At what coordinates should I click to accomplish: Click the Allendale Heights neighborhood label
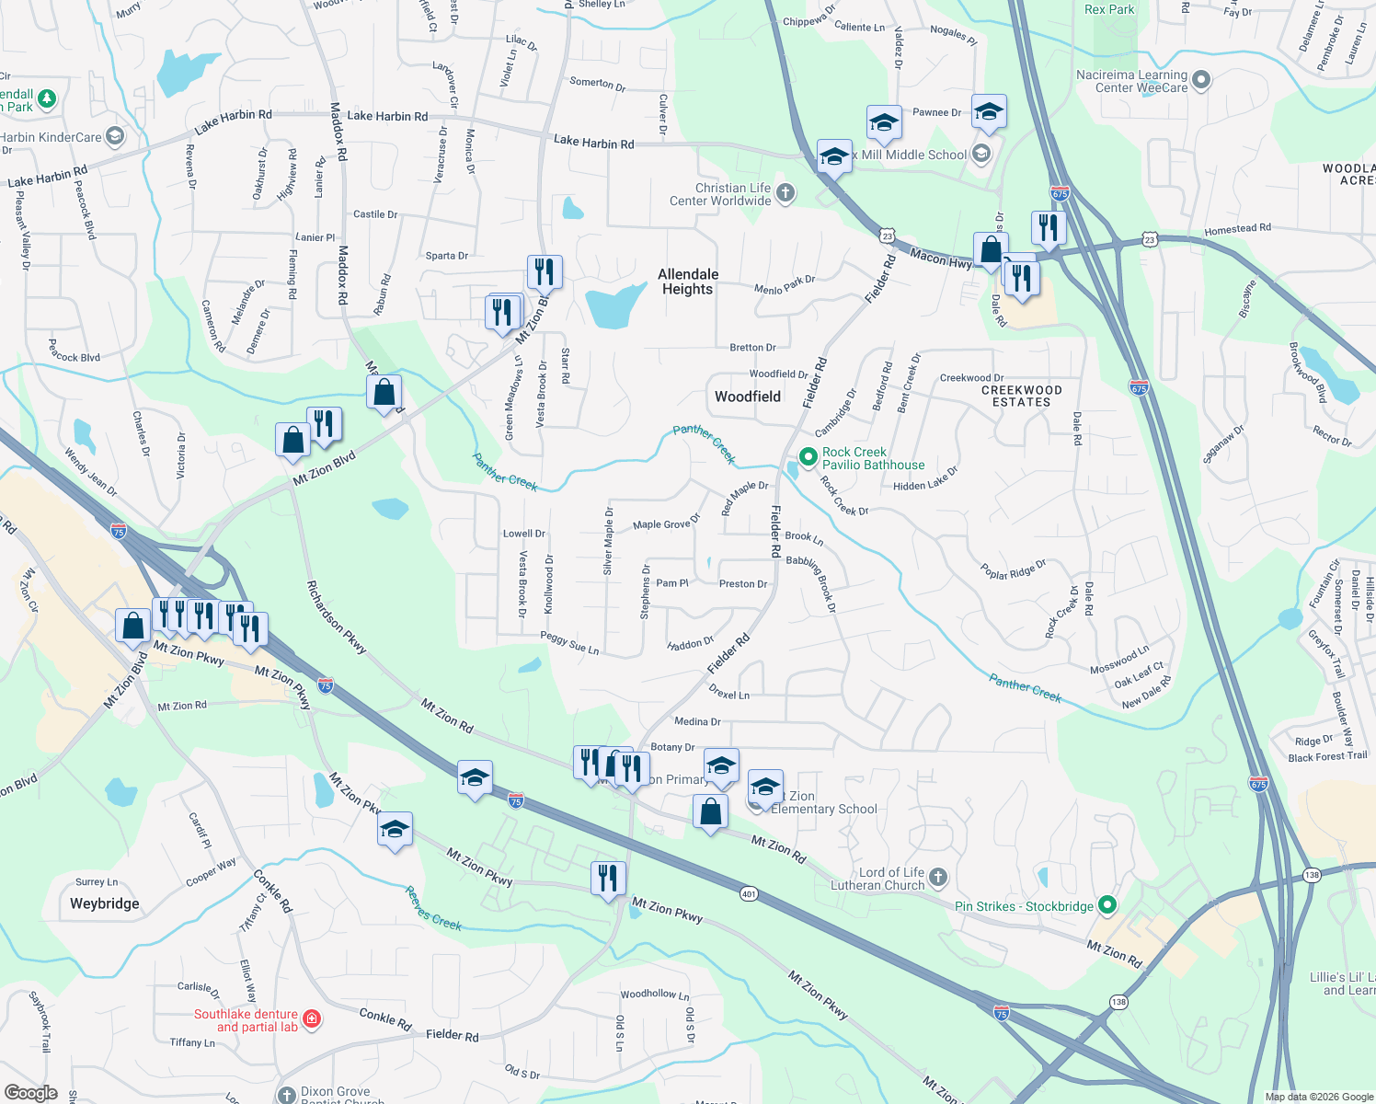tap(687, 282)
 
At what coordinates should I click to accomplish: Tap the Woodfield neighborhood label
tap(747, 397)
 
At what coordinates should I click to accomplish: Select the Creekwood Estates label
tap(1021, 396)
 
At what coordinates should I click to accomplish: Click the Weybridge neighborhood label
tap(105, 903)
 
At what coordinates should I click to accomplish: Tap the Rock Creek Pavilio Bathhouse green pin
tap(808, 456)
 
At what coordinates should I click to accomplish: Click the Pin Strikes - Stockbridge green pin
tap(1107, 905)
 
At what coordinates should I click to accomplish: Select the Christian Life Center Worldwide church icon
tap(785, 193)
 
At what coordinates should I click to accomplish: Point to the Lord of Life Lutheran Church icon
tap(937, 877)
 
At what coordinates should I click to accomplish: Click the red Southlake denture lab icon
tap(312, 1018)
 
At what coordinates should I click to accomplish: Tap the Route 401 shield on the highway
tap(750, 893)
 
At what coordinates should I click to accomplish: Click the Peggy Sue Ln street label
tap(569, 642)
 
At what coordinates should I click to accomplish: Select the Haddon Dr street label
tap(690, 644)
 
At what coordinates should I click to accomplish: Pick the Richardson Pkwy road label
tap(336, 617)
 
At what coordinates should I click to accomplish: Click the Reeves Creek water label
tap(433, 909)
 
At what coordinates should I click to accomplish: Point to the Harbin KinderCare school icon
tap(114, 137)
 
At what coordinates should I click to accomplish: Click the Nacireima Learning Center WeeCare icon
tap(1201, 81)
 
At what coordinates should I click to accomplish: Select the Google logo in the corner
tap(31, 1093)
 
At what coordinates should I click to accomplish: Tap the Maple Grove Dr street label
tap(666, 523)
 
